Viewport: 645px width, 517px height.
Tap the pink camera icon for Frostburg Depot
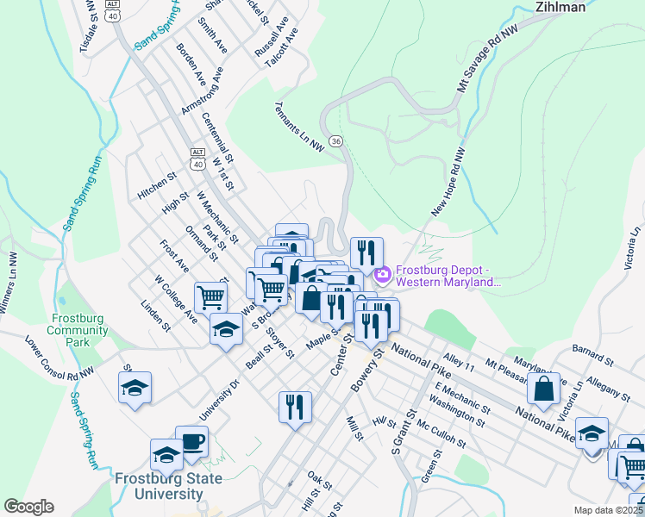click(x=382, y=276)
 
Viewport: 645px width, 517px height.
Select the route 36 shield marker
click(x=336, y=140)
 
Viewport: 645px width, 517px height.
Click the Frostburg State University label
click(x=168, y=486)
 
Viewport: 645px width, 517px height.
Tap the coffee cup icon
click(x=191, y=442)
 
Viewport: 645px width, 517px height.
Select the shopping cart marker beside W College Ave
click(x=211, y=297)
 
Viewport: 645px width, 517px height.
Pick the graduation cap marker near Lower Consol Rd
click(x=135, y=388)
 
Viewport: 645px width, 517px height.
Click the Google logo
click(x=28, y=507)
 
